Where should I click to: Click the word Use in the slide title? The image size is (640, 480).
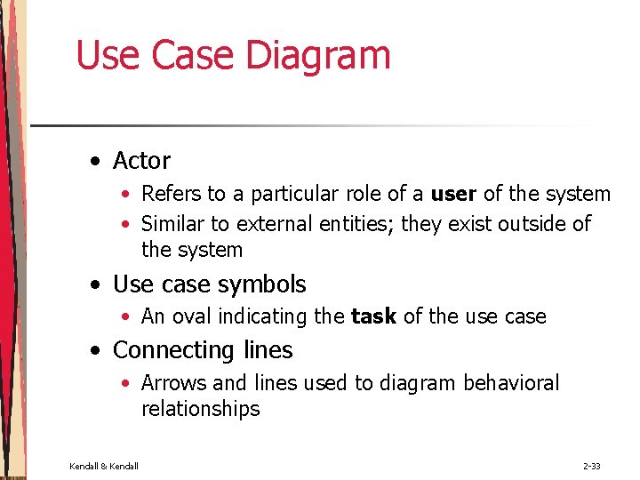click(x=108, y=55)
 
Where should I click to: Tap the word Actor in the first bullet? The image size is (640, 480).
click(x=141, y=161)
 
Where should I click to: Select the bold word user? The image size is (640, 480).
click(x=454, y=194)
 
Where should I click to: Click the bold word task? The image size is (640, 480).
click(x=374, y=316)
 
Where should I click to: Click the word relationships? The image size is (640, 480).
click(x=200, y=409)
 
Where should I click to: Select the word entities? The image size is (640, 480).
click(x=352, y=224)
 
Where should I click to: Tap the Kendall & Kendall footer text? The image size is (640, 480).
click(x=104, y=466)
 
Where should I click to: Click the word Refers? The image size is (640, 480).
click(x=169, y=194)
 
